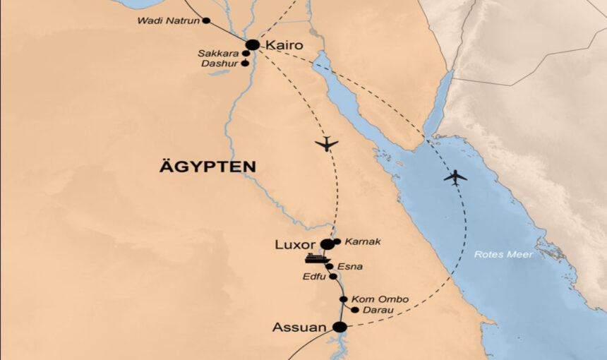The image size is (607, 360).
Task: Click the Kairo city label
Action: coord(284,45)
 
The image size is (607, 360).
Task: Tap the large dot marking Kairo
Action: coord(253,44)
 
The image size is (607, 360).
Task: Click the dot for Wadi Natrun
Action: coord(206,20)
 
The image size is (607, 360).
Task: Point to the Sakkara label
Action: coord(219,53)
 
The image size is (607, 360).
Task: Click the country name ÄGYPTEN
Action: coord(207,167)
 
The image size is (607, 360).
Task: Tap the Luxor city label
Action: coord(295,245)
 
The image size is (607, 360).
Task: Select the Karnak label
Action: coord(363,242)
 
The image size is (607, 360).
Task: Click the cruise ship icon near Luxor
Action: coord(317,258)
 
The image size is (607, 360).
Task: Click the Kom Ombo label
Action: coord(380,299)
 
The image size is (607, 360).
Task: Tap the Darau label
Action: coord(378,310)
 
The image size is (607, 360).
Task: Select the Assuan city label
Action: coord(300,328)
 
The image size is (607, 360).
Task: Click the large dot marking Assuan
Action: coord(339,327)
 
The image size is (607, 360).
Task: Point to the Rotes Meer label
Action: coord(503,254)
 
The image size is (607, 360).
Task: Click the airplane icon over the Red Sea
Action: coord(455,177)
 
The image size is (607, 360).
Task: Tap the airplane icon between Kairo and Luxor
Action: coord(327,144)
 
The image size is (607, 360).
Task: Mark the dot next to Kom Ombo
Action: coord(343,299)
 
